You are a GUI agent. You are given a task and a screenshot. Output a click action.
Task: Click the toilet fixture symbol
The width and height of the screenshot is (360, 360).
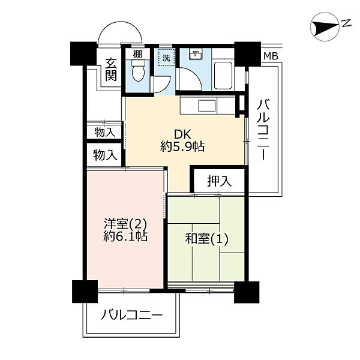click(x=138, y=71)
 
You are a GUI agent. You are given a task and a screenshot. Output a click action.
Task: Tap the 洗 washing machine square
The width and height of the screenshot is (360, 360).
click(x=166, y=58)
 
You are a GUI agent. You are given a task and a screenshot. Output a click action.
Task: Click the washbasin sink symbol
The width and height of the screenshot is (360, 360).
click(x=196, y=55)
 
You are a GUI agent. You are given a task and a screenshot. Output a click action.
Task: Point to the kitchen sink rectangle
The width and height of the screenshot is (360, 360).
click(x=207, y=106)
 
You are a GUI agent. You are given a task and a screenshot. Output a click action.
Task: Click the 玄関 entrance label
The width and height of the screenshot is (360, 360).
click(x=111, y=70)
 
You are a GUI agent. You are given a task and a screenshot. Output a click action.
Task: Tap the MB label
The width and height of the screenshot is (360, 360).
click(x=271, y=56)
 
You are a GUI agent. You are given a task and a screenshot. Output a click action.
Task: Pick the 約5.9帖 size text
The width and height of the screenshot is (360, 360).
click(x=182, y=146)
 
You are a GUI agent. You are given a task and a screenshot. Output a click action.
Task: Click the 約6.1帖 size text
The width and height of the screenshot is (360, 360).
click(x=125, y=236)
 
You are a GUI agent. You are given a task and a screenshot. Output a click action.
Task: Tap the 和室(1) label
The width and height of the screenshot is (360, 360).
click(x=206, y=239)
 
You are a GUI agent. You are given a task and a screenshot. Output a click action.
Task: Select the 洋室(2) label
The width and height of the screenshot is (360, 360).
click(x=125, y=224)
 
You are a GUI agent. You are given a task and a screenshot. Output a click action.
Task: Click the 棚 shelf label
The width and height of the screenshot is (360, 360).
click(x=137, y=54)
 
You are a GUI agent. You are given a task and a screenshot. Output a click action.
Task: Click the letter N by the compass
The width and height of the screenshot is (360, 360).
click(x=346, y=23)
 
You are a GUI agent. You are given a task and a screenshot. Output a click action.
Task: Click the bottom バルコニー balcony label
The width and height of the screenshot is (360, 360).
click(x=132, y=315)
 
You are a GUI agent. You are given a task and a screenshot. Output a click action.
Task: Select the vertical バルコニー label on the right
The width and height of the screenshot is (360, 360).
click(x=263, y=130)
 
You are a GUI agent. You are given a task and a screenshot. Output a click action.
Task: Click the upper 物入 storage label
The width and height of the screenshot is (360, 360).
click(x=104, y=133)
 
